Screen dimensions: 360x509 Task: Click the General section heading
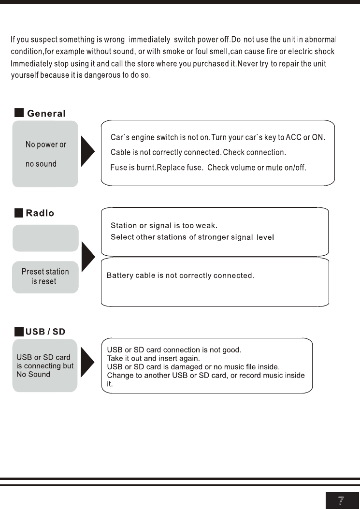(46, 114)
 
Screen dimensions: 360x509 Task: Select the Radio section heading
(40, 213)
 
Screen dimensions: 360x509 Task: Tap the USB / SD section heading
(45, 332)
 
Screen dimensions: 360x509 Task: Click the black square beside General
(19, 113)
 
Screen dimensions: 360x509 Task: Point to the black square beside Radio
(19, 213)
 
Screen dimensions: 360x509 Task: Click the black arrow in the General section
(87, 151)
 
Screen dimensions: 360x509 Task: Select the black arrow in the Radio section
(88, 257)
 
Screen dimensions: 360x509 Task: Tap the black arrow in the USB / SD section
(87, 362)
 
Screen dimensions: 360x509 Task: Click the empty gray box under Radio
(45, 238)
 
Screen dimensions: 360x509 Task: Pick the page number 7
(341, 501)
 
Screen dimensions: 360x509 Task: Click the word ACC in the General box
(293, 137)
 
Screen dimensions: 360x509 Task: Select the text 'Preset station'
(45, 271)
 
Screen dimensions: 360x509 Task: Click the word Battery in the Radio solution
(120, 276)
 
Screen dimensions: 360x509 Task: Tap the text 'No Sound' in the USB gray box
(33, 374)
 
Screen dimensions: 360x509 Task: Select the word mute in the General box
(274, 168)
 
